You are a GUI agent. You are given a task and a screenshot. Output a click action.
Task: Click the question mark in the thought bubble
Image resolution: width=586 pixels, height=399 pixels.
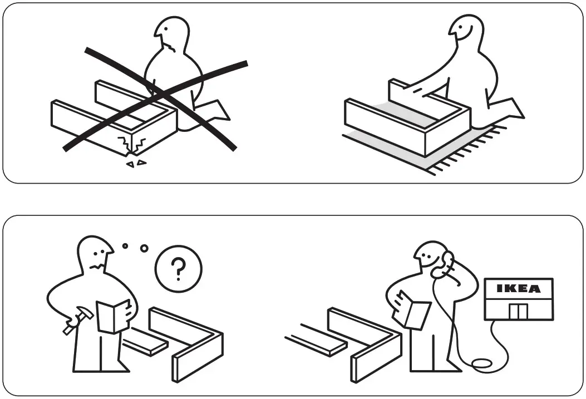(x=178, y=269)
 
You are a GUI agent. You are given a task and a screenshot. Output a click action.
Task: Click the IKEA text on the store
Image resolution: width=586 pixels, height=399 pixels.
(x=518, y=289)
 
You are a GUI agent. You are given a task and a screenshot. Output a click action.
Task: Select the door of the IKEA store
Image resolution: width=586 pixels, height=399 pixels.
(x=518, y=311)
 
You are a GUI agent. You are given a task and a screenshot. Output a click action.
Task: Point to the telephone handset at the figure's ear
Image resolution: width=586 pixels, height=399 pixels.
(x=444, y=265)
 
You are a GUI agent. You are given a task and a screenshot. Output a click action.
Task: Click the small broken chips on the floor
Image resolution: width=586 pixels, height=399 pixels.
(x=136, y=163)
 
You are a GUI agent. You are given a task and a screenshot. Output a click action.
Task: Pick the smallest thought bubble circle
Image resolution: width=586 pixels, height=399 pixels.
(x=125, y=245)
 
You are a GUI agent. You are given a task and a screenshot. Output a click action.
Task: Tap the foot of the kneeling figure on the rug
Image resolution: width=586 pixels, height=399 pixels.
(x=509, y=109)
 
